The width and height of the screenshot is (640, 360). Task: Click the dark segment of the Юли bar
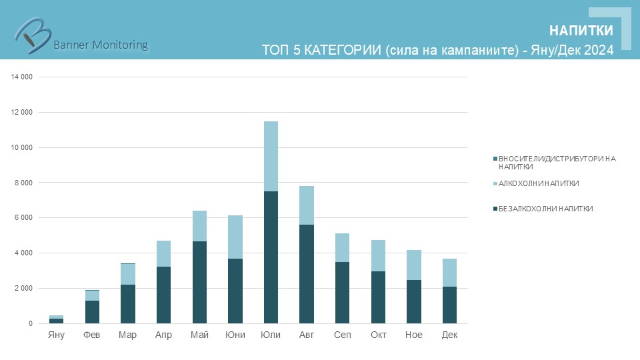pos(271,257)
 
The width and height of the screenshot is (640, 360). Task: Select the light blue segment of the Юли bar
pos(271,156)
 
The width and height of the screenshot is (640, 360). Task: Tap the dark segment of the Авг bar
pos(306,274)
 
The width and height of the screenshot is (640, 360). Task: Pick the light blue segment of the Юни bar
pos(235,237)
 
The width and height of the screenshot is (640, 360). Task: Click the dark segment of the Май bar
pos(199,282)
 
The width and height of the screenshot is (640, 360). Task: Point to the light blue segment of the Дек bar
pos(449,273)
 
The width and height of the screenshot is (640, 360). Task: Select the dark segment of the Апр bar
pos(163,295)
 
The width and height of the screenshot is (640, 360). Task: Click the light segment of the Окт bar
pos(378,255)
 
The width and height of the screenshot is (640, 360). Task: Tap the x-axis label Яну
pos(57,335)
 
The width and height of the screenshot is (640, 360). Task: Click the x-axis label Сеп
pos(342,335)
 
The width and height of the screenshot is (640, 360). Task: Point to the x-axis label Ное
pos(413,335)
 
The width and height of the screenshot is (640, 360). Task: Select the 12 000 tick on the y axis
pos(22,112)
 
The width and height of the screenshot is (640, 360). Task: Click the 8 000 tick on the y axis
pos(24,183)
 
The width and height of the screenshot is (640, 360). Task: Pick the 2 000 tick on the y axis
pos(24,289)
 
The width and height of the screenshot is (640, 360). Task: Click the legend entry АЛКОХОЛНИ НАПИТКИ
pos(539,183)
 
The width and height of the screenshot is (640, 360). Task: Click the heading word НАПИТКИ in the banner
pos(581,31)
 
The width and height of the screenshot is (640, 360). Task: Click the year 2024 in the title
pos(599,50)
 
